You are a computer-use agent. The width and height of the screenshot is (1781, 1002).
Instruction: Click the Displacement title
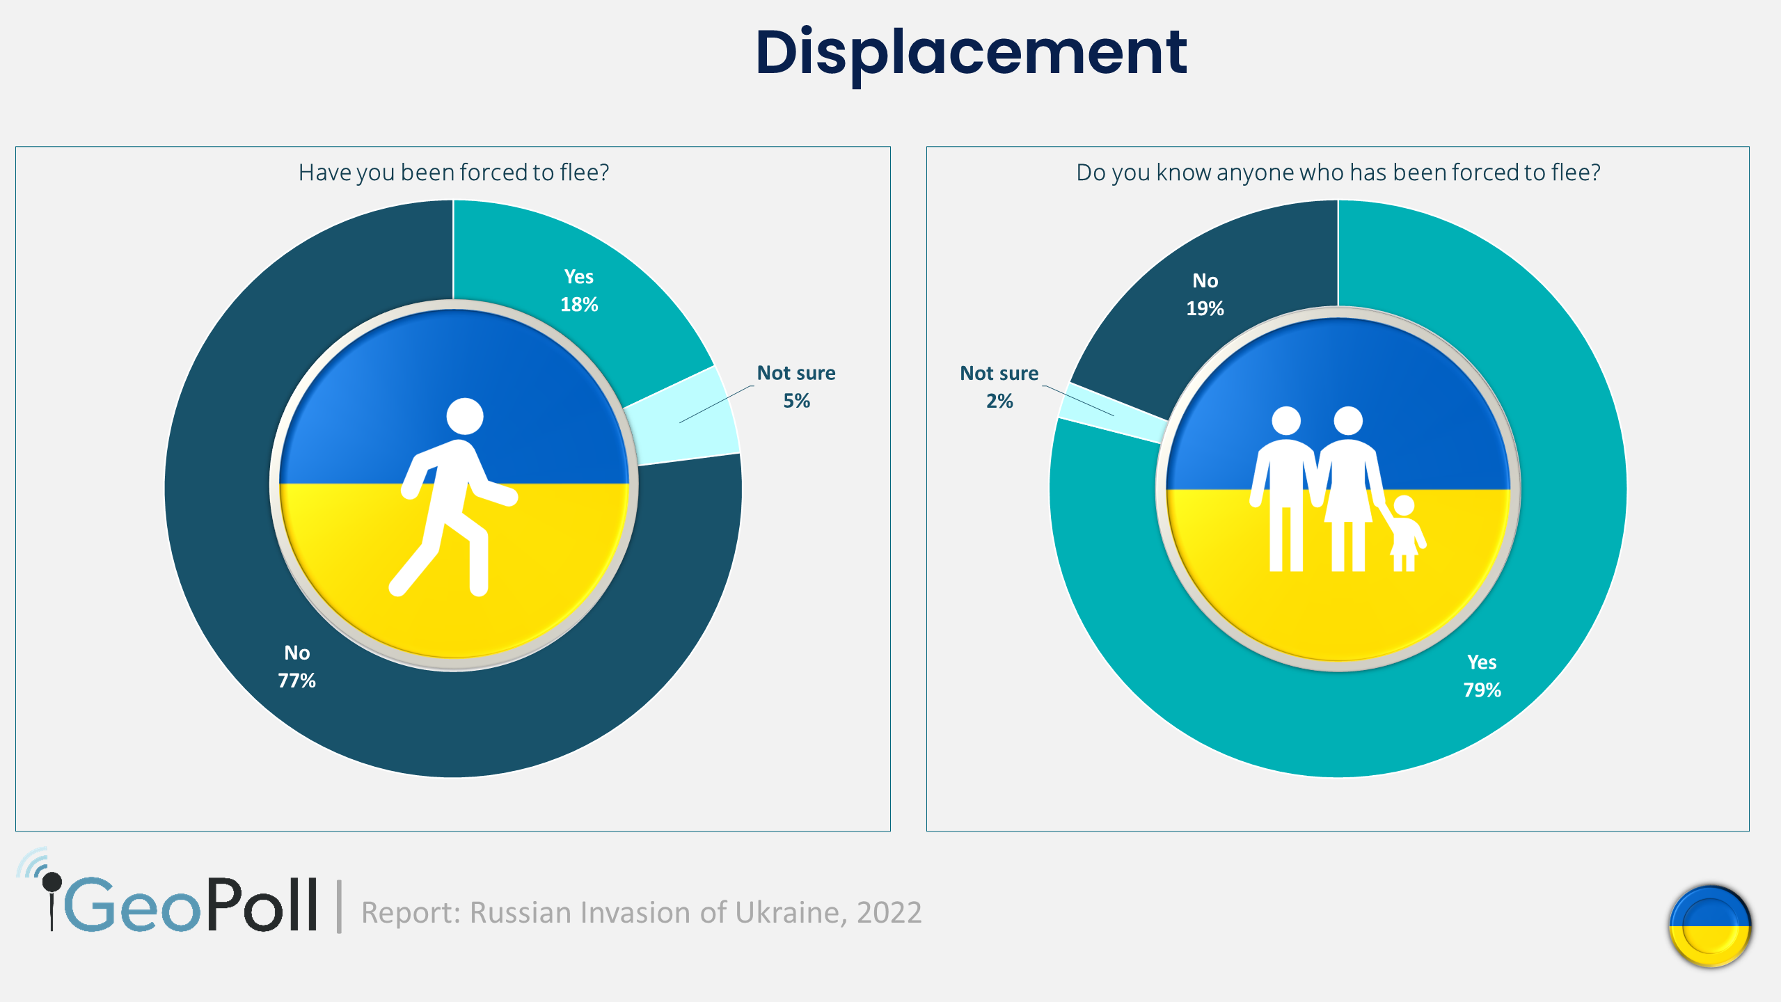(x=971, y=53)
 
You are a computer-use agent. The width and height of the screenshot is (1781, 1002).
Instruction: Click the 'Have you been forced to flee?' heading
(x=453, y=173)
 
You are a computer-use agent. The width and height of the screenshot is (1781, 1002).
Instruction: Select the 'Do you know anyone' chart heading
(x=1338, y=173)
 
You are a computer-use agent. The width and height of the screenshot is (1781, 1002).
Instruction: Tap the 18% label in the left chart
(x=579, y=305)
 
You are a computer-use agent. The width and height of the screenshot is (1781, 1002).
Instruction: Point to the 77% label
(x=297, y=681)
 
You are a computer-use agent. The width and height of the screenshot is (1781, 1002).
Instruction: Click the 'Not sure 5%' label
(x=796, y=387)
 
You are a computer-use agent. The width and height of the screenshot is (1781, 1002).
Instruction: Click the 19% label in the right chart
(x=1205, y=308)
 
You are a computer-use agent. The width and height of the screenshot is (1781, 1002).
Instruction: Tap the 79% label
(x=1482, y=690)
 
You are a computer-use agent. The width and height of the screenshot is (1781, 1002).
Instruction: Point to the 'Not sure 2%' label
(x=999, y=387)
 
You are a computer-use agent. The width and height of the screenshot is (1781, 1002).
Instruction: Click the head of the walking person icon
(x=465, y=416)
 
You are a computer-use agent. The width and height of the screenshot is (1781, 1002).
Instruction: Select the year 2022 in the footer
(x=889, y=912)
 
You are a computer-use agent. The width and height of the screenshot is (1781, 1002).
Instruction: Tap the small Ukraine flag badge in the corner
(x=1709, y=926)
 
